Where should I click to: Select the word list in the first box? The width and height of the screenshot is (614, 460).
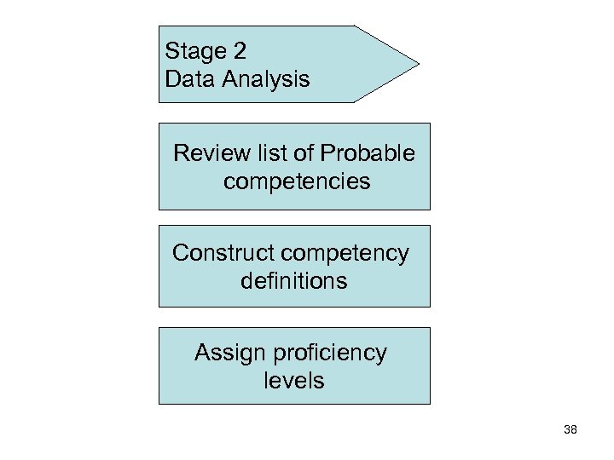click(268, 153)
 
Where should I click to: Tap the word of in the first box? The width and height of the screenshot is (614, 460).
click(303, 153)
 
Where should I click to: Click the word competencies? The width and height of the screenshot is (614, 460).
click(297, 181)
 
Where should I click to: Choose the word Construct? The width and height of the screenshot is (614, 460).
click(223, 253)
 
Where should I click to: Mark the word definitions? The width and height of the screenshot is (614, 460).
click(294, 280)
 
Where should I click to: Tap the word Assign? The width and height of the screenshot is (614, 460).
click(226, 353)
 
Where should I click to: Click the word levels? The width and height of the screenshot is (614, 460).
click(294, 380)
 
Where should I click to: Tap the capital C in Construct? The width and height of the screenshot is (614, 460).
click(180, 253)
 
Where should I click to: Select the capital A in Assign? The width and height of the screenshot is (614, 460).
click(202, 352)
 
